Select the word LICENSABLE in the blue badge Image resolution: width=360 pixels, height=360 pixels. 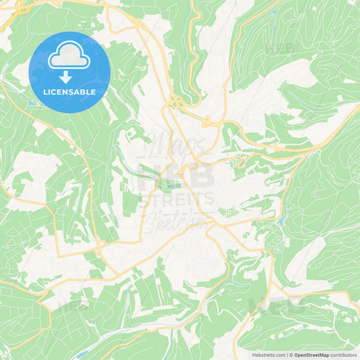70,92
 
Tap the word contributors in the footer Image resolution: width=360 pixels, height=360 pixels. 344,355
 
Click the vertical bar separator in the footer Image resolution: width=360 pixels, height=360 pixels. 286,355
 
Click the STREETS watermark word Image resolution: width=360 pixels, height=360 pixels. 177,199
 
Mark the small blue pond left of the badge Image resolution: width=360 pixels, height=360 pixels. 31,103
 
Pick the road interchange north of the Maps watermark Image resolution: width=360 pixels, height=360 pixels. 177,102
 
